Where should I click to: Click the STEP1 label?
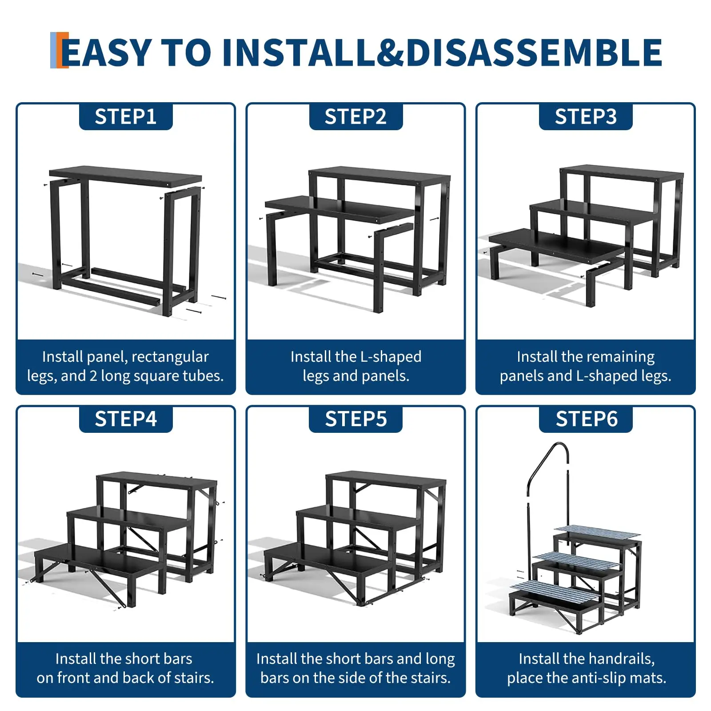coord(126,117)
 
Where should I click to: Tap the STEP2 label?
coord(355,117)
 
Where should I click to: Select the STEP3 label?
coord(586,117)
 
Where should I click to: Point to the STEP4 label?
coord(126,419)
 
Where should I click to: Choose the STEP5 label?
coord(356,419)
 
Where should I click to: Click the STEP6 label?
coord(587,419)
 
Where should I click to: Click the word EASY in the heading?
coord(107,53)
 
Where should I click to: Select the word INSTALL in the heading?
coord(299,53)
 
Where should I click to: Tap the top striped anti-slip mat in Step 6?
coord(597,531)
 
